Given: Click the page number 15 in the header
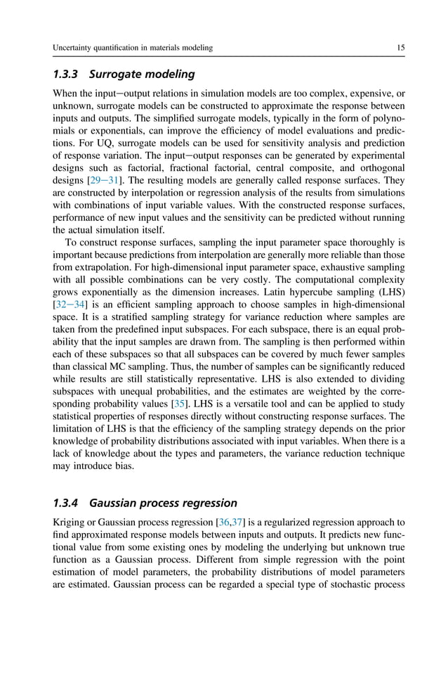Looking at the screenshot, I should click(x=400, y=48).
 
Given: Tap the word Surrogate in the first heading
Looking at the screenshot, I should click(x=126, y=73).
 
